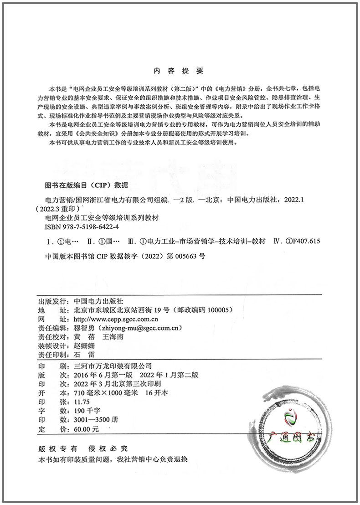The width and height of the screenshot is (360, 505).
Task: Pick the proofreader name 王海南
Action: point(111,337)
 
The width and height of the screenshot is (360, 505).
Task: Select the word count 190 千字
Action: point(84,411)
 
